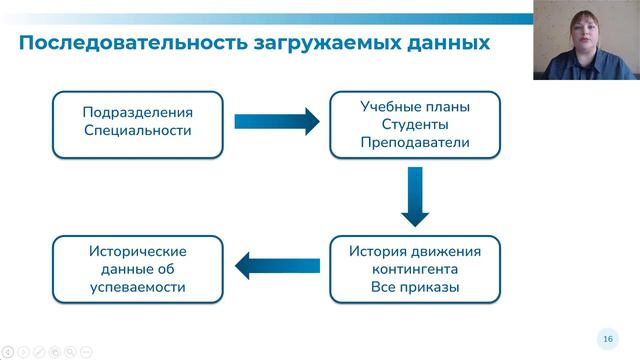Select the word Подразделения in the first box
137,112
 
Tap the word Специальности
137,131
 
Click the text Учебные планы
415,105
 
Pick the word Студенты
415,124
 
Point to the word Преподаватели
415,143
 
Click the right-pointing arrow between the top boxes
276,122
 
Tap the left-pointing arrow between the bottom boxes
276,265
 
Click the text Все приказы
415,288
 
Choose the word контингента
415,269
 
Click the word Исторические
137,251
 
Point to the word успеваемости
137,289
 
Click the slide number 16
606,337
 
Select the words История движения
415,250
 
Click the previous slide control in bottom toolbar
8,352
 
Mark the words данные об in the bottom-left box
137,270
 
